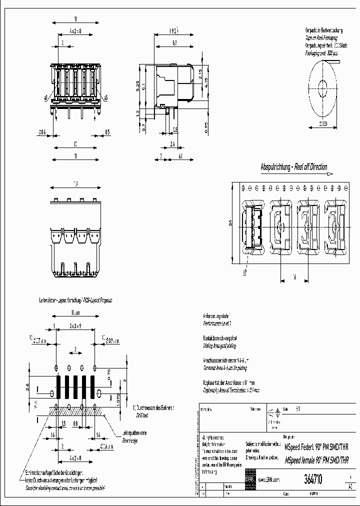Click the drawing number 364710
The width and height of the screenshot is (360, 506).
pyautogui.click(x=313, y=479)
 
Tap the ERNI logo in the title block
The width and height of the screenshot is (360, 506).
pyautogui.click(x=250, y=478)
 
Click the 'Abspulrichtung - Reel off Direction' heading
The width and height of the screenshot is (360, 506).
pyautogui.click(x=294, y=167)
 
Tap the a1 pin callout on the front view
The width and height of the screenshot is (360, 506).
pyautogui.click(x=46, y=97)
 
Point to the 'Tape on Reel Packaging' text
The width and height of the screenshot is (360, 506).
pyautogui.click(x=321, y=37)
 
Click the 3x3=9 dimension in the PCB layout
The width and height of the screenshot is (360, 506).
pyautogui.click(x=74, y=325)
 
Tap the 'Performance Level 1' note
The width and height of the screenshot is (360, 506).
pyautogui.click(x=214, y=324)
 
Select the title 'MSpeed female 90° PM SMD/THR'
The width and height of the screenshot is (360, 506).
pyautogui.click(x=316, y=460)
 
